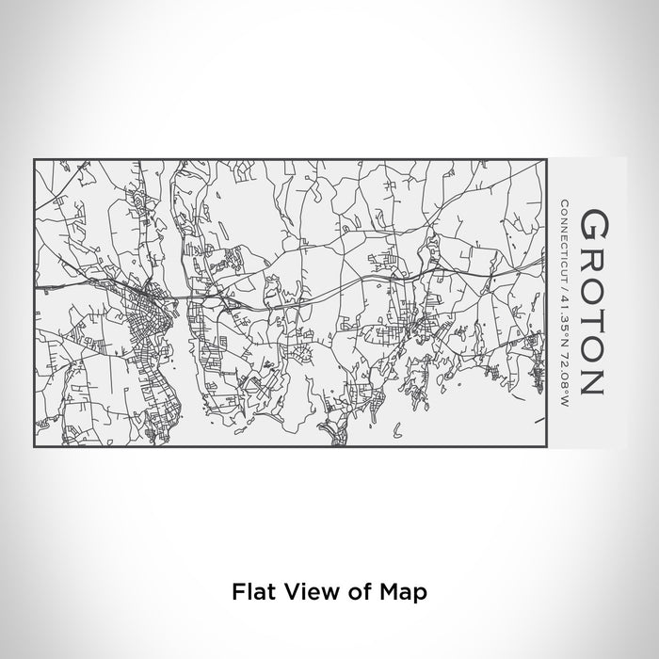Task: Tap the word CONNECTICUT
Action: click(564, 237)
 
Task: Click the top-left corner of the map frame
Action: click(35, 160)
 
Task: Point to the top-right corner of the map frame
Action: click(546, 160)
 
